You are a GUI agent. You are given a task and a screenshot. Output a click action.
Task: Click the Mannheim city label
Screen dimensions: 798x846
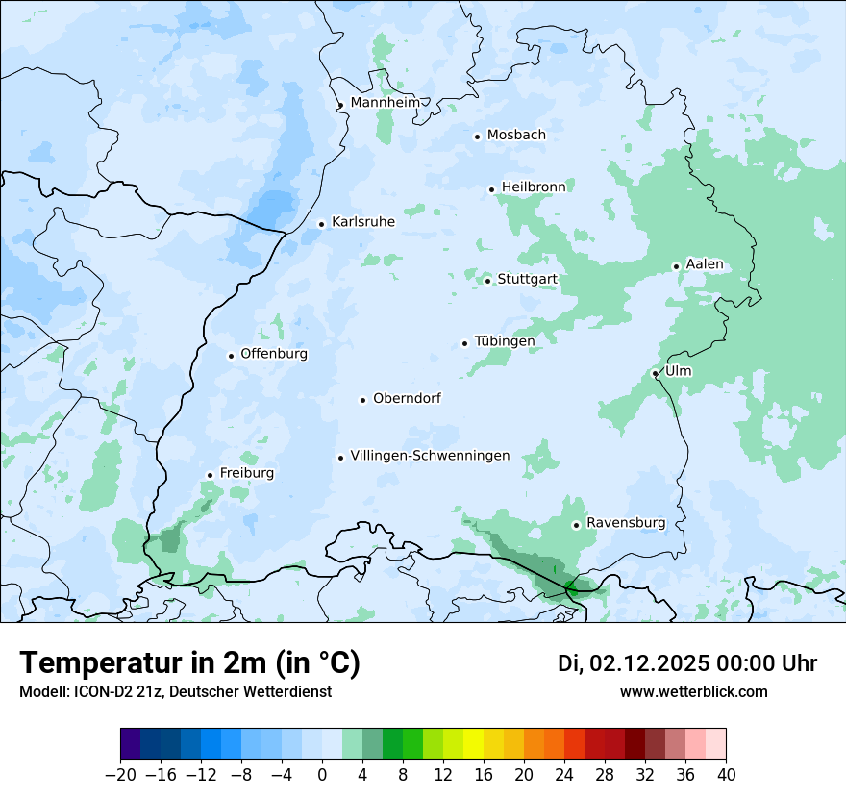pos(386,103)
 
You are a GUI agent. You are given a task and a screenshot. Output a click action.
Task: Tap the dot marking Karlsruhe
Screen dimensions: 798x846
pos(321,224)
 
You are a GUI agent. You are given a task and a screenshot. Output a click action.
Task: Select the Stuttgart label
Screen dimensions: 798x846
pos(527,280)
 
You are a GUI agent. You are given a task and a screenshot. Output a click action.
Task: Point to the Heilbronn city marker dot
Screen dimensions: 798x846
pos(491,189)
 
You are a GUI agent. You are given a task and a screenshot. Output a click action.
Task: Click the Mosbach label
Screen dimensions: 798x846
pos(516,136)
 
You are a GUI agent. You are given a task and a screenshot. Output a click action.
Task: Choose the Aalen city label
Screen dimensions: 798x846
pos(705,264)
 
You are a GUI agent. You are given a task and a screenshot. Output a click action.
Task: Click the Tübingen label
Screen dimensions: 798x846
pos(505,341)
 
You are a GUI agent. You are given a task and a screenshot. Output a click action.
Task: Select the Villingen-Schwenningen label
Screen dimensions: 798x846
pos(430,456)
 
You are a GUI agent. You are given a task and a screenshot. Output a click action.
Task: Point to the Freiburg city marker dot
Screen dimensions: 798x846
pos(210,475)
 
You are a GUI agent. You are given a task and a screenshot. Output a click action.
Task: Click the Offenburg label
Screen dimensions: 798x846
pos(274,354)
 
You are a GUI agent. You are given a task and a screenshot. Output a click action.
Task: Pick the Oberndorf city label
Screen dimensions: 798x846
pos(407,398)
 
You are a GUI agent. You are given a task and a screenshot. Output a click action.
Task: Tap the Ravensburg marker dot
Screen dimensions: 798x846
pos(576,525)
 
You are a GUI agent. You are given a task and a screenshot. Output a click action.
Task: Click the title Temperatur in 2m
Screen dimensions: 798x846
pos(190,663)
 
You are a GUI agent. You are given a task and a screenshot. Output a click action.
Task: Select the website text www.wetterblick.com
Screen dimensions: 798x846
pos(694,691)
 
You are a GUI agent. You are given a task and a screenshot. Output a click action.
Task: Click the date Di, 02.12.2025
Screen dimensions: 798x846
pos(633,663)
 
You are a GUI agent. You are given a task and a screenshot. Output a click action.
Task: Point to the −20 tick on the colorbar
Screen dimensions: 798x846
pos(120,775)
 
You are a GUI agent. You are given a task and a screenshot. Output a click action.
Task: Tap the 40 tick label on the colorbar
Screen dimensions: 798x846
pos(726,775)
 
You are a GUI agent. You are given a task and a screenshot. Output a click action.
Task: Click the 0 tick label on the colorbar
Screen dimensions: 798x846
pos(322,775)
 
